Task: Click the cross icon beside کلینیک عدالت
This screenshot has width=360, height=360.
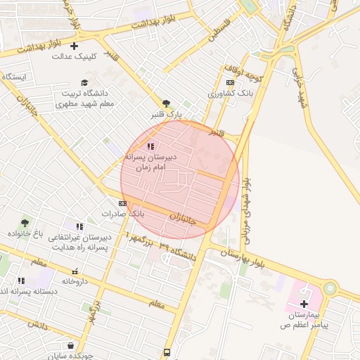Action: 74,46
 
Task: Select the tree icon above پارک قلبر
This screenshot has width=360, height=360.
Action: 166,103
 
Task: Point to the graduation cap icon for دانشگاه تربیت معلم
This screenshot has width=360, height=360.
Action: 84,82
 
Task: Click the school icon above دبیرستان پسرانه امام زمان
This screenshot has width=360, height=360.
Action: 150,146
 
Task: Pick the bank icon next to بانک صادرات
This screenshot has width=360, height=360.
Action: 123,202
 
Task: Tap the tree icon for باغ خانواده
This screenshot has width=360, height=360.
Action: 25,223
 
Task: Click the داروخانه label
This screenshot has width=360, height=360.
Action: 77,281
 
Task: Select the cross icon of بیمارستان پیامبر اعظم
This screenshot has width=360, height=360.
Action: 304,304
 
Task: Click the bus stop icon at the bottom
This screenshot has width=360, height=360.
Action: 167,352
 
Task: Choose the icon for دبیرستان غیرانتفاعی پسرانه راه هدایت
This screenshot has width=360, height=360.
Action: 79,226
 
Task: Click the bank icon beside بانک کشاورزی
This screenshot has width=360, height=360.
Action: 230,82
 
